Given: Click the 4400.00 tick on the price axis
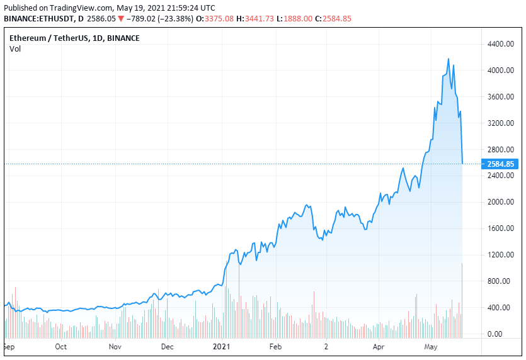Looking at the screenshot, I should [x=498, y=44].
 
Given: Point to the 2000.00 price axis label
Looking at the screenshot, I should [x=498, y=202].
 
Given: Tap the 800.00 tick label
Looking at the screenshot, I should [x=500, y=281].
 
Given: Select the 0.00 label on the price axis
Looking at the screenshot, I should [x=505, y=334].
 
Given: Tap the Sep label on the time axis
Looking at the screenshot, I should [x=8, y=347].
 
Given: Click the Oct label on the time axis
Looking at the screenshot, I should [x=61, y=347].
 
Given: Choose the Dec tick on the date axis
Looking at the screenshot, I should [x=168, y=347].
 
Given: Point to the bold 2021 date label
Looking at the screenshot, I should [x=221, y=347].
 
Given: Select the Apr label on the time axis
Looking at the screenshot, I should [x=378, y=347].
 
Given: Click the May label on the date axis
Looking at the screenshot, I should [x=430, y=347].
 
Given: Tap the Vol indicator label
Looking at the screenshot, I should [x=15, y=49].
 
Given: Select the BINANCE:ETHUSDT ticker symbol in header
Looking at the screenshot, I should [x=38, y=19].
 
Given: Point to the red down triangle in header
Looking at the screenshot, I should [x=121, y=19].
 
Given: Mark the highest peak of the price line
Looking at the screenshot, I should [x=448, y=59].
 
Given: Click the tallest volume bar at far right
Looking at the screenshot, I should [x=462, y=299].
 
